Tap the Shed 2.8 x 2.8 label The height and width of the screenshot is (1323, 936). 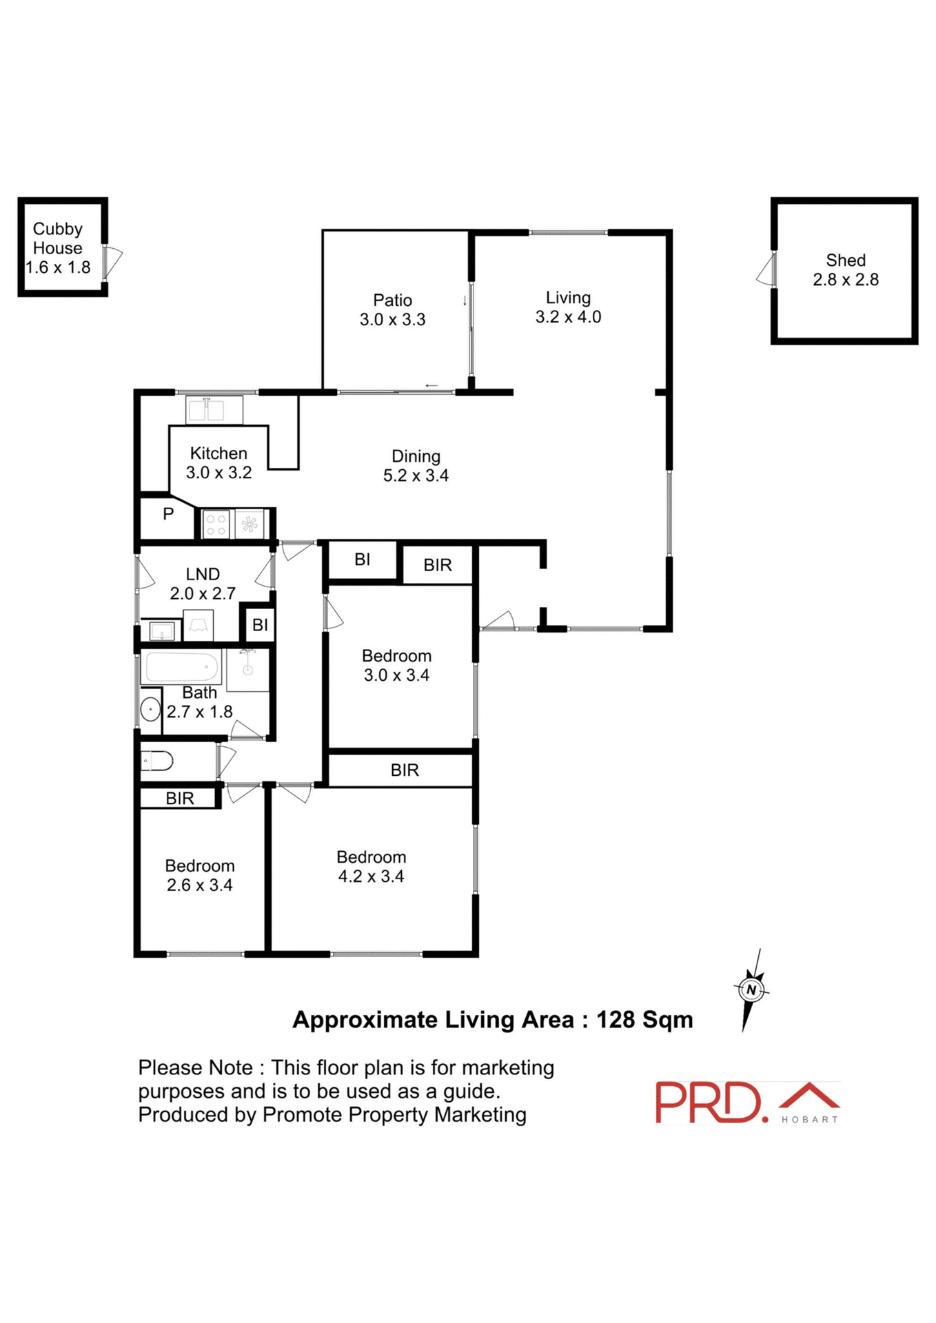[x=845, y=270]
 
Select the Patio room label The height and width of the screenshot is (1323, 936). [x=392, y=310]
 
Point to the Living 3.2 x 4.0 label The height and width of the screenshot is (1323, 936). [x=568, y=307]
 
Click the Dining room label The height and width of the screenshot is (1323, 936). [x=416, y=466]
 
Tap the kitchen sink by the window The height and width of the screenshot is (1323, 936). [x=214, y=410]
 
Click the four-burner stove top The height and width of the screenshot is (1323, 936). [x=216, y=524]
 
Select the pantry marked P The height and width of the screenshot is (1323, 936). [x=167, y=514]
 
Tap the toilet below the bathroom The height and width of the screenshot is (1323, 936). [x=157, y=761]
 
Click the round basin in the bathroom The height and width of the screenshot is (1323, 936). [x=150, y=709]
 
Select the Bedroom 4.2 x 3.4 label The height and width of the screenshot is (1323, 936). [x=371, y=867]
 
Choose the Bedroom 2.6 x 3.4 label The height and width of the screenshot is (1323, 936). [x=200, y=876]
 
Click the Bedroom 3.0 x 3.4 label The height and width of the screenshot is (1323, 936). [x=396, y=666]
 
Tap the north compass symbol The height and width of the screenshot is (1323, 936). [x=751, y=990]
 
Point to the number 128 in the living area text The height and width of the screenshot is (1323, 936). [x=615, y=1020]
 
